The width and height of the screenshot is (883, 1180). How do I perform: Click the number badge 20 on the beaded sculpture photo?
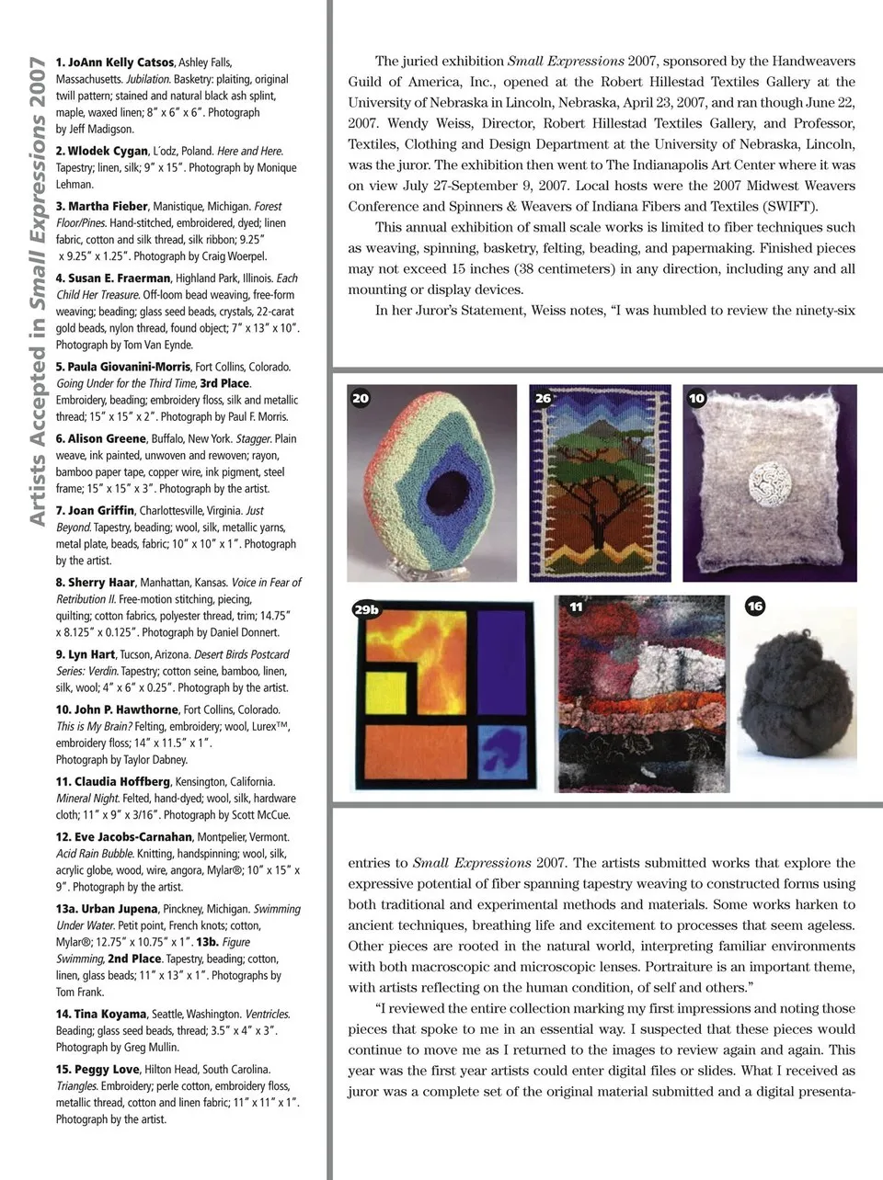point(361,398)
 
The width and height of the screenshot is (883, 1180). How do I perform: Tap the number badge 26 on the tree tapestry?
point(544,398)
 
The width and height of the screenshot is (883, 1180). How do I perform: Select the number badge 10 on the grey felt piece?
point(696,398)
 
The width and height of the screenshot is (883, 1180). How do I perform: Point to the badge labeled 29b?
point(367,609)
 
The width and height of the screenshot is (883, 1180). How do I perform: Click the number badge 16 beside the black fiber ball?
point(755,607)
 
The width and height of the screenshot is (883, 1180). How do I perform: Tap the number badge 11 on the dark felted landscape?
point(576,607)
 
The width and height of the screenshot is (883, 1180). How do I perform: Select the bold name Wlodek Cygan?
point(107,151)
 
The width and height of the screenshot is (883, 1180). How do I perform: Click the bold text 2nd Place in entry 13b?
point(133,959)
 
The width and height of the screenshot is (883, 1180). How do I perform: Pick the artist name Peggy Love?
point(107,1070)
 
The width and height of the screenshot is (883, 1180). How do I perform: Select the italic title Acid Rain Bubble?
point(96,854)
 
